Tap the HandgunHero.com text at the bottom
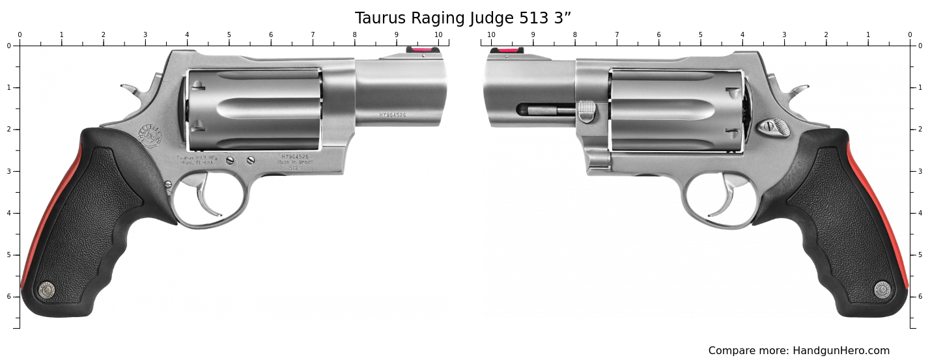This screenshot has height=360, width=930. [x=841, y=351]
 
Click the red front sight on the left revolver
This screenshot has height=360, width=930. [x=423, y=49]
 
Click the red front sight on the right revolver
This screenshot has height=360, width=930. [x=507, y=50]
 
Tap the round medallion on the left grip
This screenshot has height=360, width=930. [x=46, y=290]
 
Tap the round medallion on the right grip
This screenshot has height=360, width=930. [x=882, y=290]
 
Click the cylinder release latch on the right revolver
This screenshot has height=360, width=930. [x=776, y=126]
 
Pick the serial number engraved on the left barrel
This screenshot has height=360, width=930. [x=393, y=115]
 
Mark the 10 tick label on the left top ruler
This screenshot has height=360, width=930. [x=438, y=35]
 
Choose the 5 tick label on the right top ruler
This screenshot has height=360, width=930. [x=700, y=35]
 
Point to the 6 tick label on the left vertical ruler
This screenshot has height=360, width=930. [x=8, y=297]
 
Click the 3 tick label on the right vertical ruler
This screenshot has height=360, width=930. [x=920, y=171]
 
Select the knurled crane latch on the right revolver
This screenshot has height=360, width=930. [x=587, y=111]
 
